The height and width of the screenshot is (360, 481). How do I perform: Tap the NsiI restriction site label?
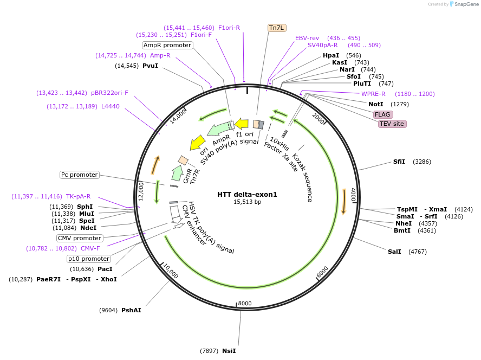tap(229, 351)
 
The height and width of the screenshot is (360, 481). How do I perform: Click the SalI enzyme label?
tap(394, 252)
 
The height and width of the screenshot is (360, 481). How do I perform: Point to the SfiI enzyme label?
tap(399, 162)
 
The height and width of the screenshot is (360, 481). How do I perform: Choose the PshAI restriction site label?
tap(131, 310)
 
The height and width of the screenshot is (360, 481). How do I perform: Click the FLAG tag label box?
tap(382, 114)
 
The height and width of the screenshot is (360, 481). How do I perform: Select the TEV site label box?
tap(392, 124)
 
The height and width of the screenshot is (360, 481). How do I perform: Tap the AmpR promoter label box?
tap(167, 45)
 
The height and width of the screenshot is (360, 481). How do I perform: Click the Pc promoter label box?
tap(80, 175)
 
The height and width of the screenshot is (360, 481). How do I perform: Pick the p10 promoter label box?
tap(89, 259)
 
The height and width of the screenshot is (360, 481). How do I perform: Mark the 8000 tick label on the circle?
tap(245, 303)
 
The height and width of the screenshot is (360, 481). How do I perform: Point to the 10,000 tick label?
tap(171, 271)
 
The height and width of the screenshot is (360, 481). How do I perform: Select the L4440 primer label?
tap(110, 106)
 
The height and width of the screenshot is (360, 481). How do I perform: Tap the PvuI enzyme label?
tap(150, 66)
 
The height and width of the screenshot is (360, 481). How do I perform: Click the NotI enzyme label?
tap(376, 104)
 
